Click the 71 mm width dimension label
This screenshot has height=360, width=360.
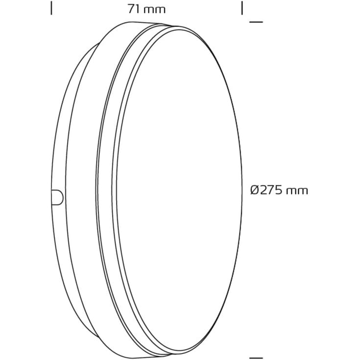[x=146, y=9]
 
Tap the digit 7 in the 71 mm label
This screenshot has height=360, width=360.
[x=131, y=9]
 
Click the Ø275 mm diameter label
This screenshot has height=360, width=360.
[x=279, y=191]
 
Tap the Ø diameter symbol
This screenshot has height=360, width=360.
[x=255, y=191]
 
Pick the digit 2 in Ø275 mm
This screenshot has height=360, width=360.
[x=264, y=191]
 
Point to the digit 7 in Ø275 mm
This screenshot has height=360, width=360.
[x=272, y=191]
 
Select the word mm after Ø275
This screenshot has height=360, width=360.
[x=298, y=192]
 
